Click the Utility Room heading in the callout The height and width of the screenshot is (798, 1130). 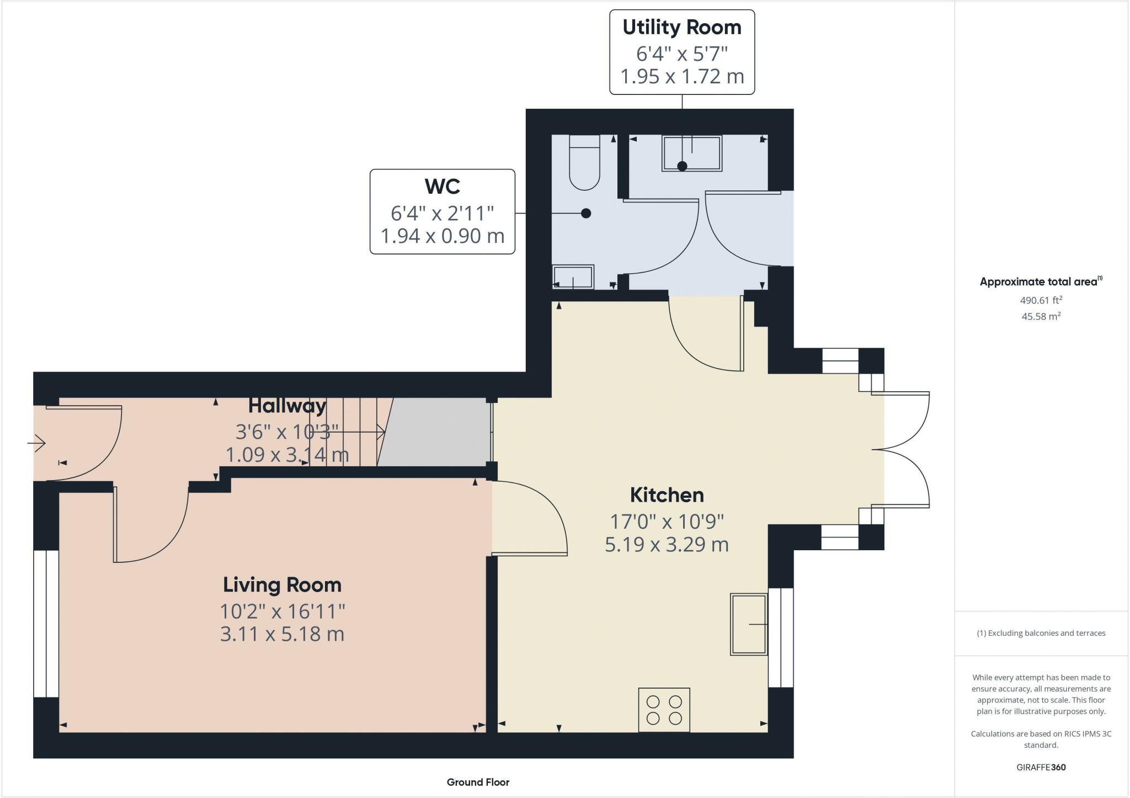tap(682, 28)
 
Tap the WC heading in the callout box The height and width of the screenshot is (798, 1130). tap(443, 187)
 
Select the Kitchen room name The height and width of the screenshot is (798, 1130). tap(667, 495)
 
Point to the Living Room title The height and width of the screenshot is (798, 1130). tap(282, 585)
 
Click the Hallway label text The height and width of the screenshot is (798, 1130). tap(287, 406)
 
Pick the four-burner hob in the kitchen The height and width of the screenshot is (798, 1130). tap(664, 710)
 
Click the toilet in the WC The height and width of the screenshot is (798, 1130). tap(584, 163)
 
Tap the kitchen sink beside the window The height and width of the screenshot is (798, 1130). tap(749, 624)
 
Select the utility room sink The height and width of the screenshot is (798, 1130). tap(692, 153)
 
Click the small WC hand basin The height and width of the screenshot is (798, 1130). tap(573, 277)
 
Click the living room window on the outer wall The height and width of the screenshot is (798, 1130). tap(46, 624)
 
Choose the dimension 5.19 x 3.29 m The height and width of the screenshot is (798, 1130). tap(667, 545)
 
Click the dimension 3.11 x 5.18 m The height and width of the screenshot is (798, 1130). tap(282, 634)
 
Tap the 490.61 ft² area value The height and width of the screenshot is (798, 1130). tap(1041, 300)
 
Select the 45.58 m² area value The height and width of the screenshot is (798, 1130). tap(1041, 316)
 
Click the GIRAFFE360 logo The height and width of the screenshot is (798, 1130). tap(1041, 767)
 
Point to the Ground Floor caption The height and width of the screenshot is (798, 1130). tap(478, 782)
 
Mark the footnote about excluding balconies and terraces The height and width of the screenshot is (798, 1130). tap(1041, 633)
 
